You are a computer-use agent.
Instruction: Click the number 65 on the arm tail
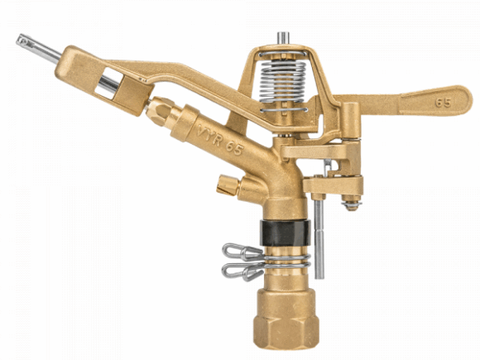[443, 106]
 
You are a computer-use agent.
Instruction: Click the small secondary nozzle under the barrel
[226, 185]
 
